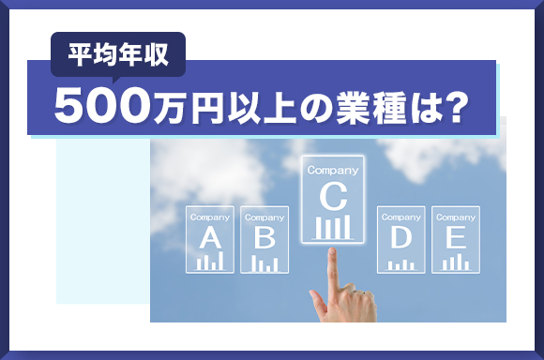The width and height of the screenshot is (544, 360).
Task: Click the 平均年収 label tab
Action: coord(117,53)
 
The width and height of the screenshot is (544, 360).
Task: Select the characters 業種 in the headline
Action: coord(381,107)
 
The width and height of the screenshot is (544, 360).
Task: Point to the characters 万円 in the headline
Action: coord(187,107)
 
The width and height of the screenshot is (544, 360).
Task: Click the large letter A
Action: coord(209,238)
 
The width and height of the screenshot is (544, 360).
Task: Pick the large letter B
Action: coord(264,238)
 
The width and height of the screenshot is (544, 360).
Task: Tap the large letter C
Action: coord(332,196)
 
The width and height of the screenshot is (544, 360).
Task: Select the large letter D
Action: coord(400,238)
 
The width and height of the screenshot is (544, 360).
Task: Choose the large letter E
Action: coord(456,238)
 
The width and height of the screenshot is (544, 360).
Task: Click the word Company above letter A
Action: coord(209,217)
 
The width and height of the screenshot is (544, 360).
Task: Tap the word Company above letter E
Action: coord(456,217)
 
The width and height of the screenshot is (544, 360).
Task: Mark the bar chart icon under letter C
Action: coord(332,227)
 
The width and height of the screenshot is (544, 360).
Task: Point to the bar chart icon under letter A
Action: coord(209,262)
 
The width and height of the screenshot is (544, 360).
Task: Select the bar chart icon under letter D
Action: coord(400,263)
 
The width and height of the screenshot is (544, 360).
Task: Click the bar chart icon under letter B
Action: coord(264,262)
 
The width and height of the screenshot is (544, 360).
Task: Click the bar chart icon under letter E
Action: coord(456,262)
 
